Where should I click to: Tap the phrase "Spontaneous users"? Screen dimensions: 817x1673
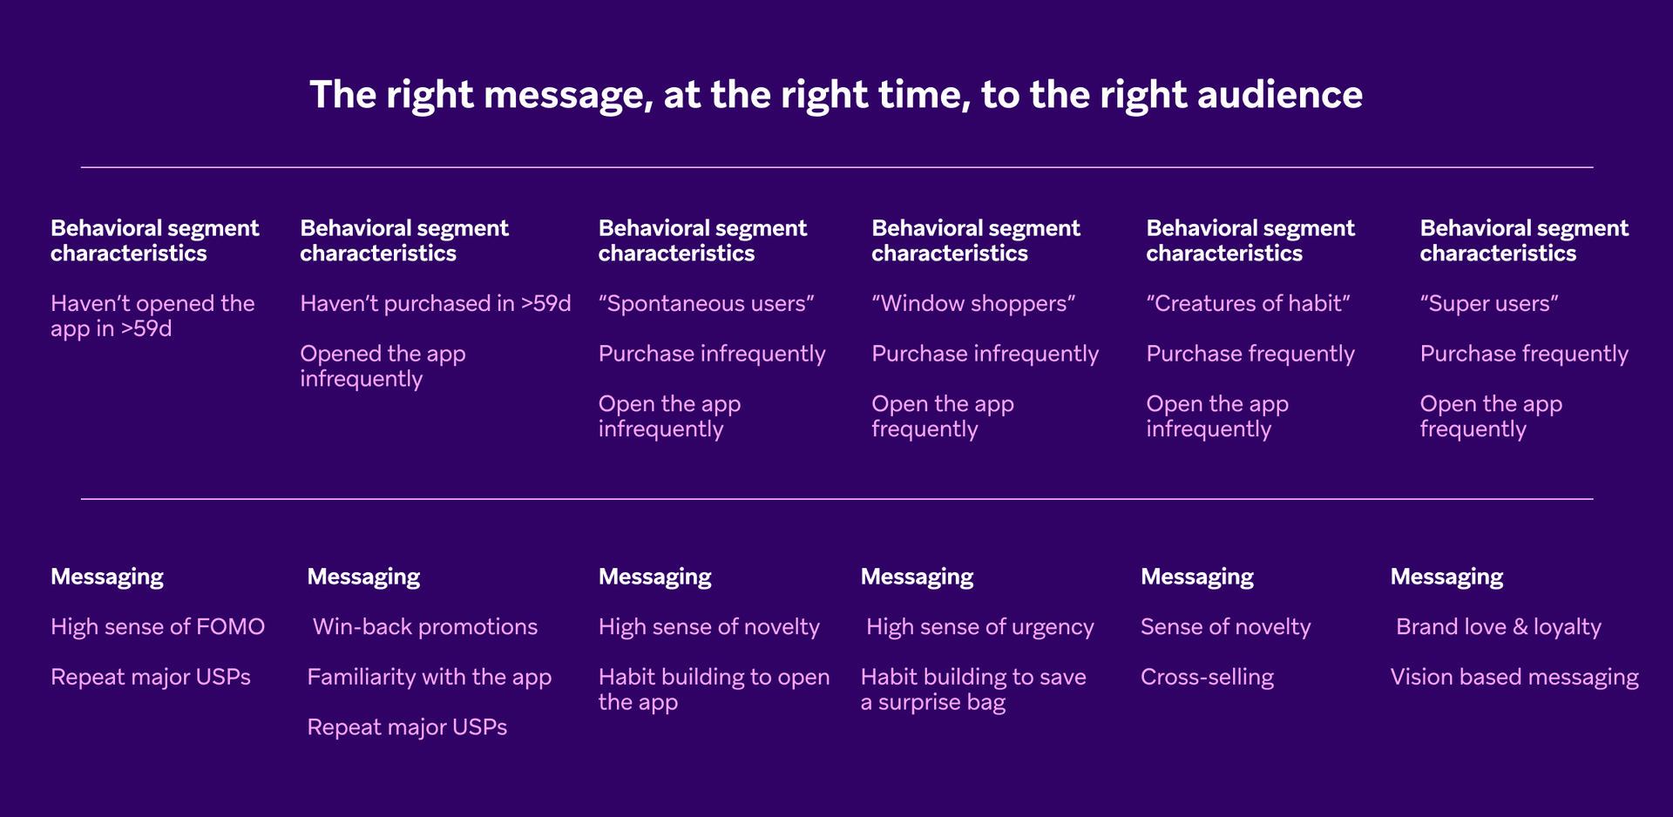coord(706,303)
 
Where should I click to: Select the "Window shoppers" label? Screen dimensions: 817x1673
coord(973,303)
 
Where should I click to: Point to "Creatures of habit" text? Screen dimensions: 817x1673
coord(1248,303)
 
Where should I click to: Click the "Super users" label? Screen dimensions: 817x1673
coord(1488,303)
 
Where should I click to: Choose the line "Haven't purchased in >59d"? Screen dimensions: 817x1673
coord(435,303)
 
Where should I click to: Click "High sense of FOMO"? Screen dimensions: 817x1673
coord(158,626)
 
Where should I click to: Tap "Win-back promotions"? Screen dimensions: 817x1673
coord(424,626)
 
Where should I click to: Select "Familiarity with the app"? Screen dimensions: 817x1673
coord(429,677)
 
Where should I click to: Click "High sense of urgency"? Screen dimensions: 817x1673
coord(979,626)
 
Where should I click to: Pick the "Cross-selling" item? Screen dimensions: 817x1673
coord(1207,677)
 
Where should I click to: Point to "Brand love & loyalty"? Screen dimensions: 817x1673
coord(1498,626)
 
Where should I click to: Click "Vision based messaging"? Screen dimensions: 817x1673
coord(1514,677)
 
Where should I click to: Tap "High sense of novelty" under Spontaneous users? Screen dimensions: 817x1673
coord(708,626)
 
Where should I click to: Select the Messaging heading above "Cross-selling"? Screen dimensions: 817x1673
coord(1196,577)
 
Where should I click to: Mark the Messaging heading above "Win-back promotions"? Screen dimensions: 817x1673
coord(363,577)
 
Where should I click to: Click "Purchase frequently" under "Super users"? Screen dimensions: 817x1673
coord(1523,354)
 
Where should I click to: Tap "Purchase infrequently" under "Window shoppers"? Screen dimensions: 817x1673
coord(985,354)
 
